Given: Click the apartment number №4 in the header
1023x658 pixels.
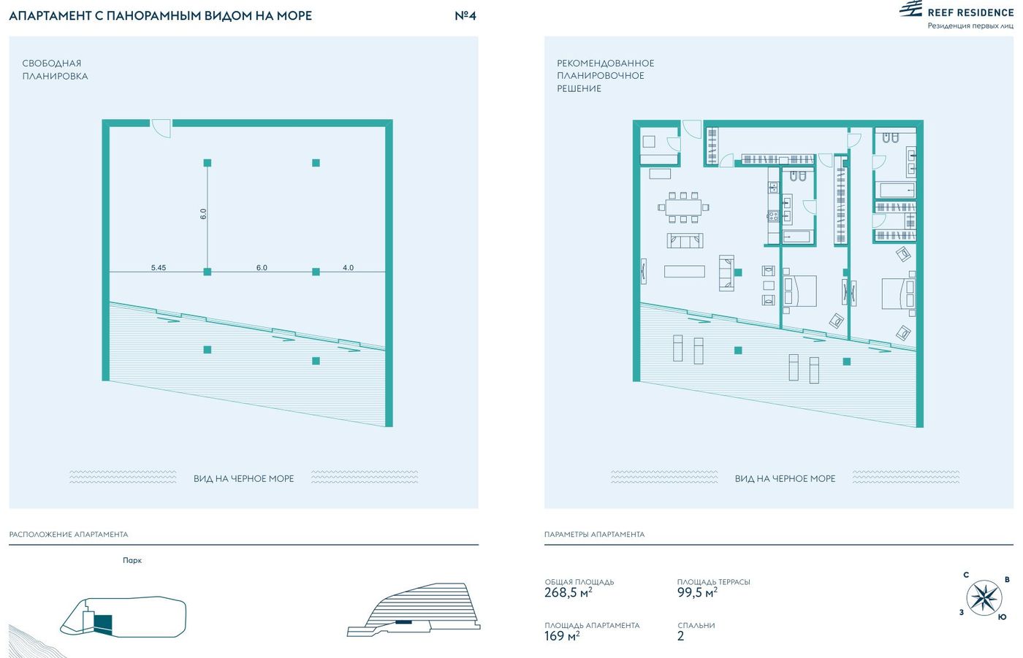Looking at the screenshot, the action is (465, 15).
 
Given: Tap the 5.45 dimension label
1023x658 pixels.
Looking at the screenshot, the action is (159, 267).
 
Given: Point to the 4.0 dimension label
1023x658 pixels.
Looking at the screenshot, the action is (348, 267).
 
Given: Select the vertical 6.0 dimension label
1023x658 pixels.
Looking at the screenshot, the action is (203, 214).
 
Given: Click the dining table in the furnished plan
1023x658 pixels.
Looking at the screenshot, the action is (683, 207).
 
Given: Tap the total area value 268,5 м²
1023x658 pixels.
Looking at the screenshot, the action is (568, 592).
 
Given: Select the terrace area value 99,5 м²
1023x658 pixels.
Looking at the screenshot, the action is (697, 592).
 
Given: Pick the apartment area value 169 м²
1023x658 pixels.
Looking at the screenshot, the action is (562, 635).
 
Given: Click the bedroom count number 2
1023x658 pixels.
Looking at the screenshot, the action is (680, 636).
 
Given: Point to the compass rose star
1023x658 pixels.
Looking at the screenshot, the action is (984, 597).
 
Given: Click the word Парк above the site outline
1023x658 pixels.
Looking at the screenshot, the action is (132, 560).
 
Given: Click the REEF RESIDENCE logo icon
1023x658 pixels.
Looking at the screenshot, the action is (911, 9).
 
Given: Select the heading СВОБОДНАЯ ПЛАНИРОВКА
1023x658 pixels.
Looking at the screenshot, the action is (55, 69).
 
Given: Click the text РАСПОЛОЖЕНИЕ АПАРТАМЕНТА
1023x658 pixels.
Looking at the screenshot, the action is (69, 535).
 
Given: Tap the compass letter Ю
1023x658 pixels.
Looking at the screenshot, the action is (1002, 617).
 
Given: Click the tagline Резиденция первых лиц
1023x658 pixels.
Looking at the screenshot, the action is (970, 26).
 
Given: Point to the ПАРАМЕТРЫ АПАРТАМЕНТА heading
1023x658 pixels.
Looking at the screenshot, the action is (594, 535).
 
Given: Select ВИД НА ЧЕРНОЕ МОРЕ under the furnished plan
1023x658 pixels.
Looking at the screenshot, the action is (785, 478).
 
